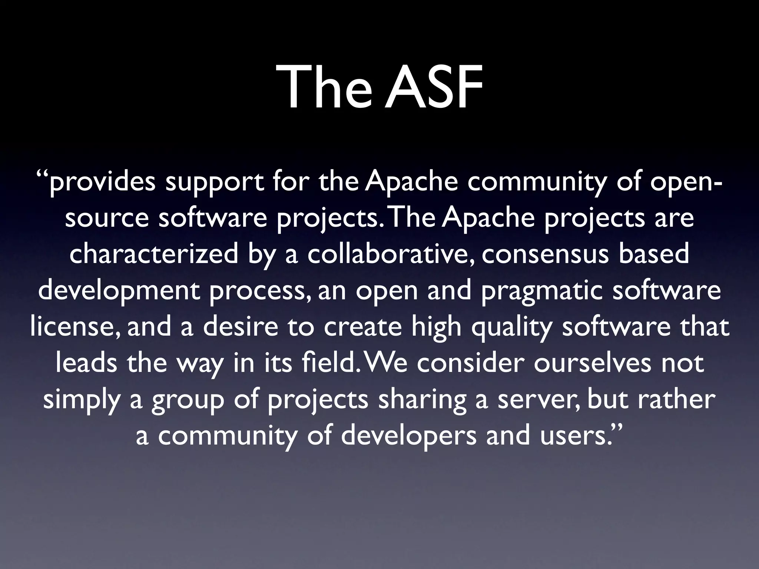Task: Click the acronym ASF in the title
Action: [x=433, y=88]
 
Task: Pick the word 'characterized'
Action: [x=154, y=254]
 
